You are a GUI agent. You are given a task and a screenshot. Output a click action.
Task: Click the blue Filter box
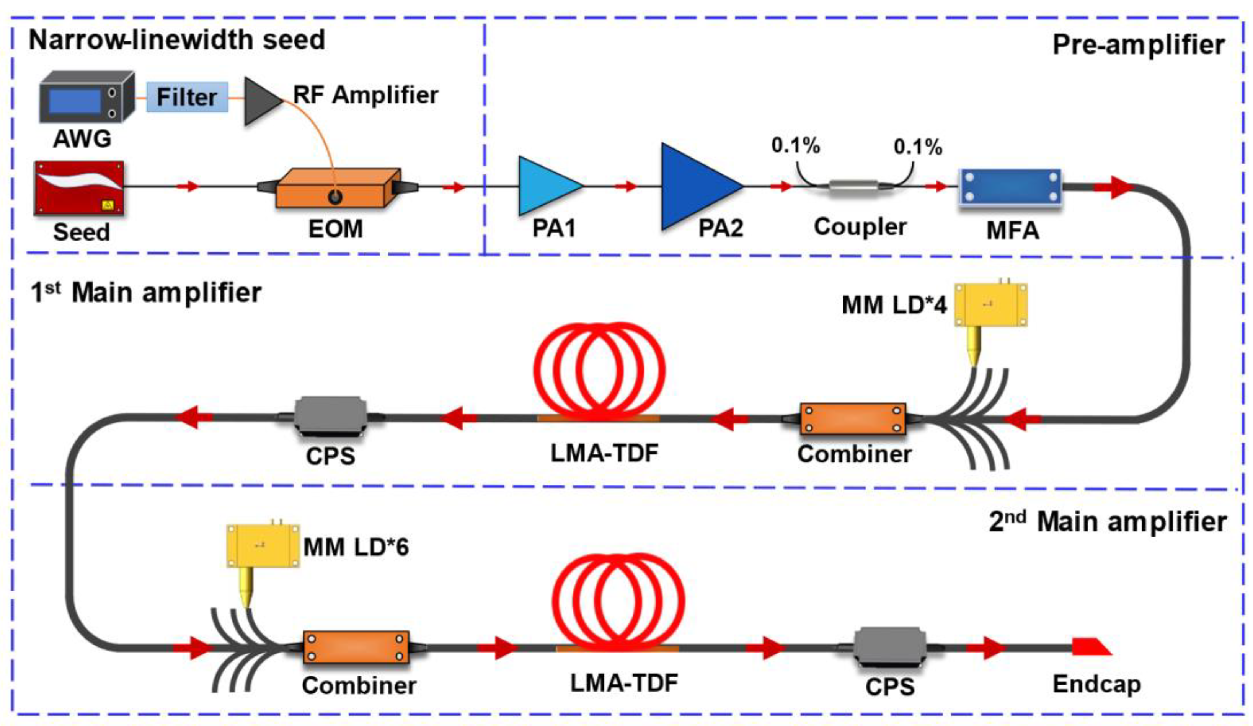tap(187, 97)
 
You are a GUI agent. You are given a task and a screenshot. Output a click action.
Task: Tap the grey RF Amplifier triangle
tap(261, 101)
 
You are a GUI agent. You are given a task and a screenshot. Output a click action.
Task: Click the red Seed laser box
tap(78, 188)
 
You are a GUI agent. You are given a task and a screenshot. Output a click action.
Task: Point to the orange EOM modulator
tap(337, 188)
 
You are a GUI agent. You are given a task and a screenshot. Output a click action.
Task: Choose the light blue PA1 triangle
tap(547, 186)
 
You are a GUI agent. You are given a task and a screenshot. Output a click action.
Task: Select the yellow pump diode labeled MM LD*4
tap(990, 304)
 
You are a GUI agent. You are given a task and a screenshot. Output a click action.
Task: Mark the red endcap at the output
tap(1090, 647)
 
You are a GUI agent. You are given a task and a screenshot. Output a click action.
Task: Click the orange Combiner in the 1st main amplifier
tap(853, 419)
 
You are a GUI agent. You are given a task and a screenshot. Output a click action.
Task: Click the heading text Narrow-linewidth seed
tap(176, 40)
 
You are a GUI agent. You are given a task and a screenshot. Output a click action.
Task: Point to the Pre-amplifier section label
tap(1138, 45)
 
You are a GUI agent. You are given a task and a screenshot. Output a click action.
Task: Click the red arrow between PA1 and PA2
tap(625, 186)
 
